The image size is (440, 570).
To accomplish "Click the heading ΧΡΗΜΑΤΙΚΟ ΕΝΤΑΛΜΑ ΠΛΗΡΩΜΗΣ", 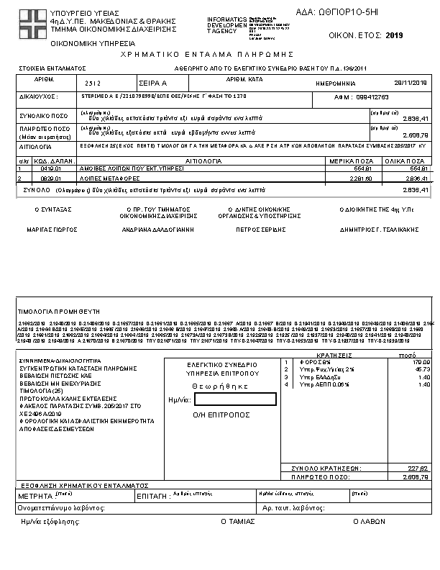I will point(219,54).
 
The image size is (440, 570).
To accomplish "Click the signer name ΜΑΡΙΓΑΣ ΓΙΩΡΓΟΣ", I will point(53,231).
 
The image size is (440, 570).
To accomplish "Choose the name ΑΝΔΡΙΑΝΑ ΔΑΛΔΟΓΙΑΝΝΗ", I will point(148,231).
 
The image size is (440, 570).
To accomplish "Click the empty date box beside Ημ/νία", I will point(234,399).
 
